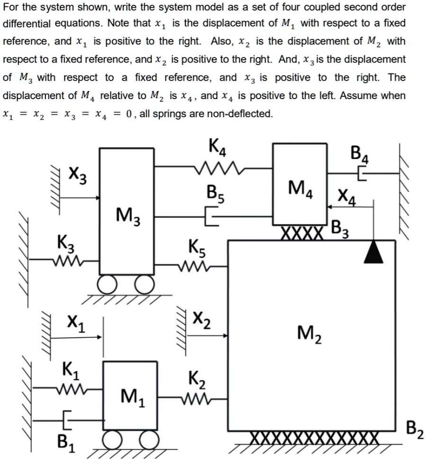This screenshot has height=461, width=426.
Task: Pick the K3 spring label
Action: [65, 242]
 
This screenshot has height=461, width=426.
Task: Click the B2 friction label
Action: [412, 433]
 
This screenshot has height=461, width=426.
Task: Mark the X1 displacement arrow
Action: [76, 338]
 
